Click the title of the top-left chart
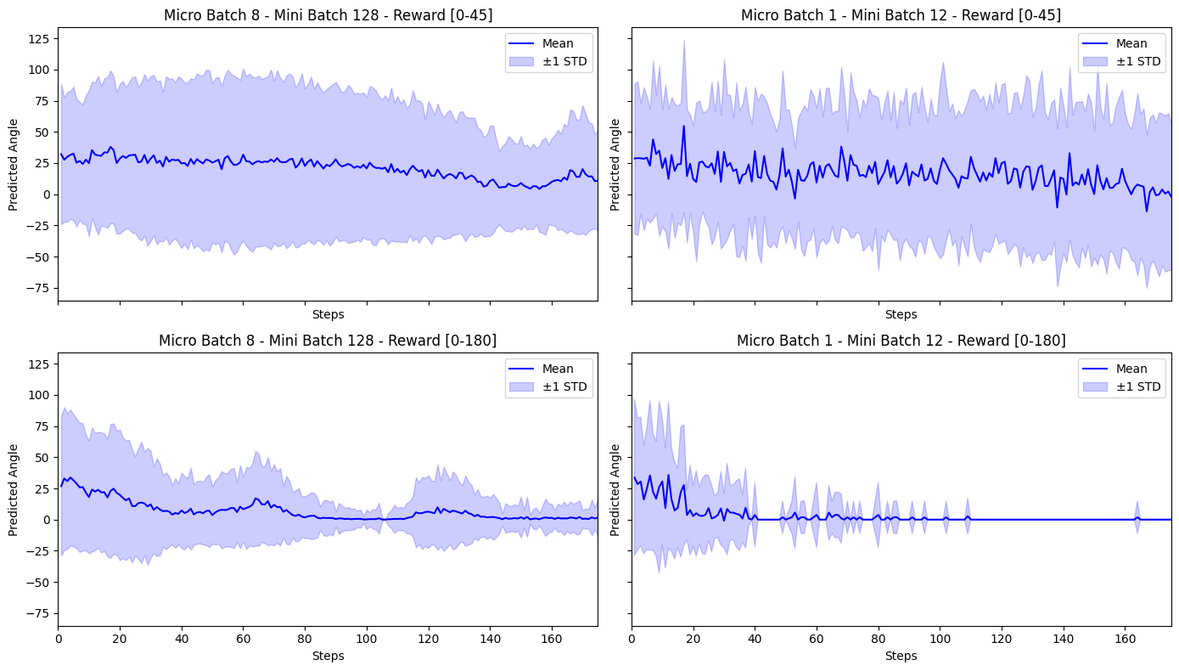click(328, 15)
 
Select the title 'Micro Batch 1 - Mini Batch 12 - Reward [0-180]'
click(901, 341)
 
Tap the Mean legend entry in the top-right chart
click(1120, 43)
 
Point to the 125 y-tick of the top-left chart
click(38, 38)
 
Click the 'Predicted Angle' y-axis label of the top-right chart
click(616, 165)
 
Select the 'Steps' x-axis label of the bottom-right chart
click(901, 656)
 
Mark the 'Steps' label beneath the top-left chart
click(328, 314)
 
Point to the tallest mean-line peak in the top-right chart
click(683, 127)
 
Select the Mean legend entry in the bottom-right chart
click(1120, 369)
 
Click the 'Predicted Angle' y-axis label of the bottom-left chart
click(13, 490)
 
